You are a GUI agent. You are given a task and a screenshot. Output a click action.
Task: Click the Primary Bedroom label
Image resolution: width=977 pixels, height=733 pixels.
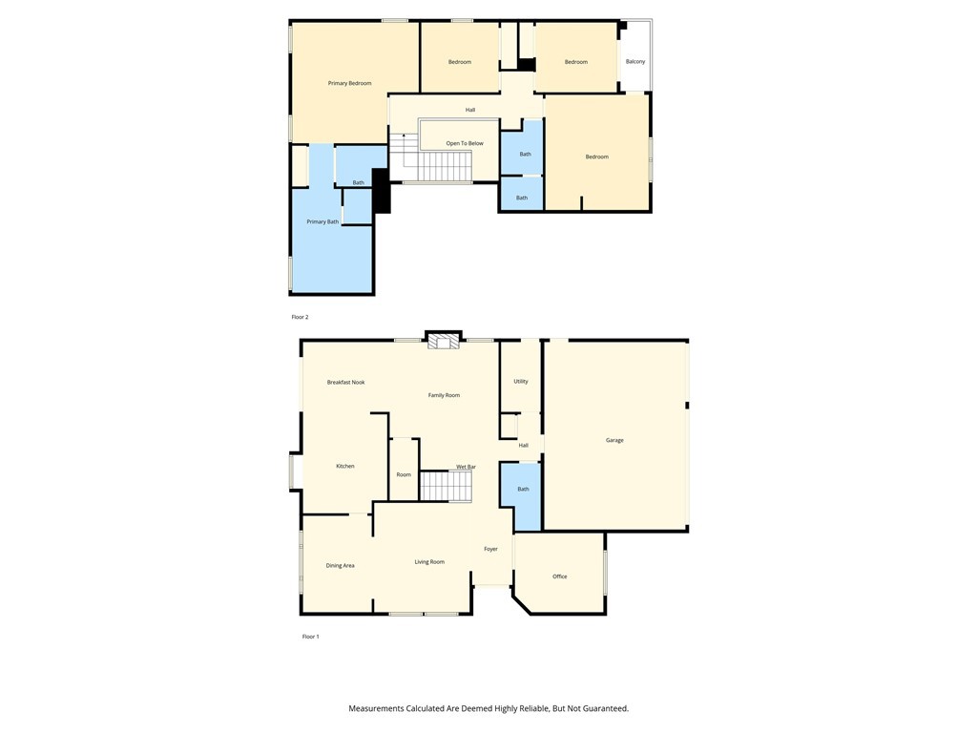pyautogui.click(x=349, y=84)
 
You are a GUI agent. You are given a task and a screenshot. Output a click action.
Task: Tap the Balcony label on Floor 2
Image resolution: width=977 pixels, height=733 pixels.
pyautogui.click(x=635, y=62)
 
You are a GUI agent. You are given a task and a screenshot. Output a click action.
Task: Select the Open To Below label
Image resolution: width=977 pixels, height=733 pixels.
pyautogui.click(x=465, y=144)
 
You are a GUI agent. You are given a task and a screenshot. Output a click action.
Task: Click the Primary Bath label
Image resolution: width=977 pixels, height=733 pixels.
pyautogui.click(x=322, y=222)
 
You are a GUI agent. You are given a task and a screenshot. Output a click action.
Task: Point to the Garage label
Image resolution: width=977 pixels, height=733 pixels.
pyautogui.click(x=614, y=441)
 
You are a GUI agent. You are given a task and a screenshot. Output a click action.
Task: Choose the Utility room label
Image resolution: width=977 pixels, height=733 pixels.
pyautogui.click(x=521, y=382)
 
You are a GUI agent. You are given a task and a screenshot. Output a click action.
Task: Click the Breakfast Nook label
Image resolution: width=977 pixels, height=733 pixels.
pyautogui.click(x=345, y=383)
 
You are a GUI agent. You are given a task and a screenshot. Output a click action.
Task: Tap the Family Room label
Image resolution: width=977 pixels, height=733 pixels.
pyautogui.click(x=444, y=395)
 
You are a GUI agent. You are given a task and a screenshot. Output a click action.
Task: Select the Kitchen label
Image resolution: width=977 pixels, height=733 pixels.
pyautogui.click(x=345, y=467)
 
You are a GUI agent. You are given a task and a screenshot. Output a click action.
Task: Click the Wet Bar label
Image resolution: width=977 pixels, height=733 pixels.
pyautogui.click(x=466, y=467)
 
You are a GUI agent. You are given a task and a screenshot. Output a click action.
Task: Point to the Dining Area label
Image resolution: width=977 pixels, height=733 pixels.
pyautogui.click(x=340, y=566)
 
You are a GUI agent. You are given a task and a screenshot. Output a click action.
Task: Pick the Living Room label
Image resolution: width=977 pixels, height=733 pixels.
pyautogui.click(x=429, y=562)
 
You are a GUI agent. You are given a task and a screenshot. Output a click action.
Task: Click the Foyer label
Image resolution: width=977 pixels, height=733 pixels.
pyautogui.click(x=490, y=550)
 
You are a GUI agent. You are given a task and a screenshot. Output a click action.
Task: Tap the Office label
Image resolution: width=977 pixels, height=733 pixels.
pyautogui.click(x=560, y=576)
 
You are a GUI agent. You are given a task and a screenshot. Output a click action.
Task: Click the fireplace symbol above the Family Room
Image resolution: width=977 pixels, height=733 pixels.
pyautogui.click(x=443, y=341)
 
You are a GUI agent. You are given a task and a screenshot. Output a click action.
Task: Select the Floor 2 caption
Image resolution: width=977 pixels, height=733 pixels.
pyautogui.click(x=300, y=317)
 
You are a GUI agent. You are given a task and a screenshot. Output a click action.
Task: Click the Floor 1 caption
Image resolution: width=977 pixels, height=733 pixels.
pyautogui.click(x=311, y=637)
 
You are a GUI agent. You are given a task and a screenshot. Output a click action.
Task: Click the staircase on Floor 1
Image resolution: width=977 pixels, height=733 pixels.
pyautogui.click(x=447, y=487)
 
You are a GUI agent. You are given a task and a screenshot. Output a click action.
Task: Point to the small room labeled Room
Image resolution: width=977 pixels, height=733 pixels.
pyautogui.click(x=404, y=475)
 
